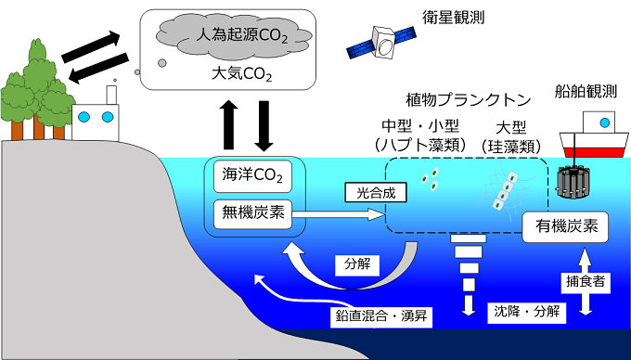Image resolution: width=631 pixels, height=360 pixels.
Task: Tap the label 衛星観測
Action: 457,16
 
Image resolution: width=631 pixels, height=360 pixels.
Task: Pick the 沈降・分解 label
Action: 524,313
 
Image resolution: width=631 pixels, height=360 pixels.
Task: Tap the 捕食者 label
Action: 585,278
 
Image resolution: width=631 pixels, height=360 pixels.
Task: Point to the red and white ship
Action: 595,137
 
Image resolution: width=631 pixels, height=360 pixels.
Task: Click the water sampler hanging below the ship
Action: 574,183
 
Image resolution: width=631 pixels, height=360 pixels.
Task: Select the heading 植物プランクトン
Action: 458,98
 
